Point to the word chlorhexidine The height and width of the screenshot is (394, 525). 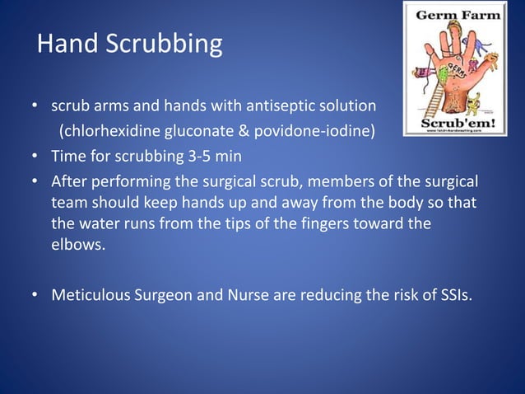pos(106,131)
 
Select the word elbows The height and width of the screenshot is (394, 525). pos(77,244)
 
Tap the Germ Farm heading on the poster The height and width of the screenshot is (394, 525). pos(455,16)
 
